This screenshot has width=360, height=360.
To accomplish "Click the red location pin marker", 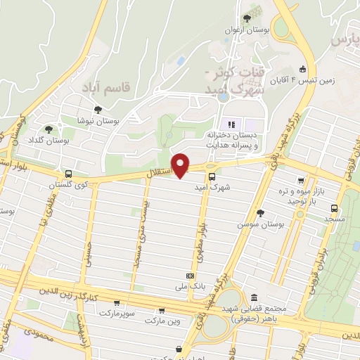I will point(181,164).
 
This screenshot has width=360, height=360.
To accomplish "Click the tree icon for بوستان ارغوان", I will point(247,19).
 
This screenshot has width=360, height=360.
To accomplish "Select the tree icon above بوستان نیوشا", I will point(97,110).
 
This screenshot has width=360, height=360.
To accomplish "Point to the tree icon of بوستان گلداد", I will point(49,129).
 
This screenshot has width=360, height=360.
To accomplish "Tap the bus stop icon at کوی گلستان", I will point(68,174).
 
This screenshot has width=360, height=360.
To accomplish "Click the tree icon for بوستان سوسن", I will point(260,212).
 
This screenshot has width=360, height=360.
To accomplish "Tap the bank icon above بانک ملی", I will point(189,276).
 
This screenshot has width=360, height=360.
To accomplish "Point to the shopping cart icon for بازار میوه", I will point(301,181).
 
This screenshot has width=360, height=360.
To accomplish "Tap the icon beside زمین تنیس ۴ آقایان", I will point(302,69).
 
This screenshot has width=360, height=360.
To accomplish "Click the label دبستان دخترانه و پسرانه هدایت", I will point(233,139).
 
